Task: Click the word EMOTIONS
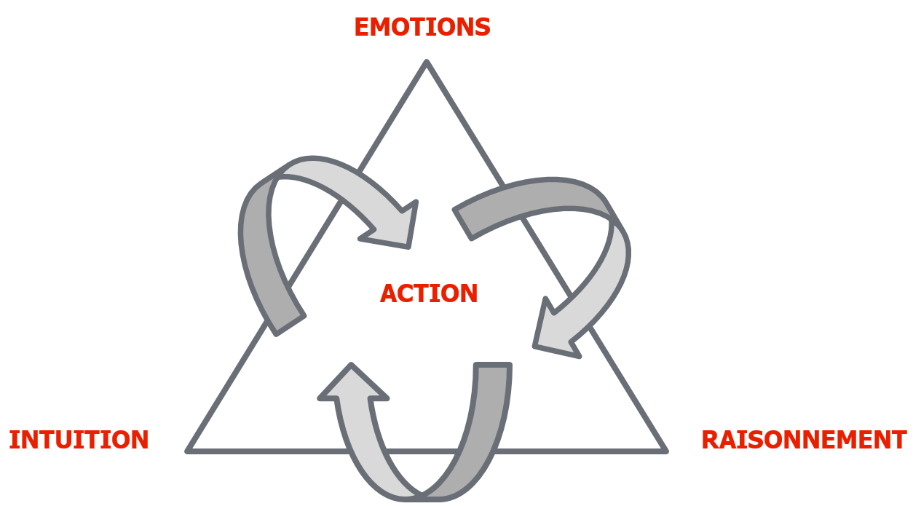(422, 28)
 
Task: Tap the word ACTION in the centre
(429, 294)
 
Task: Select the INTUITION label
(79, 440)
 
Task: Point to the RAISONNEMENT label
(803, 440)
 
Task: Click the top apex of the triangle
(427, 64)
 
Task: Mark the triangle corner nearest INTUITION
(189, 451)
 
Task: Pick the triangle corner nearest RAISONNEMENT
(665, 451)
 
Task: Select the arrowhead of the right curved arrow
(553, 331)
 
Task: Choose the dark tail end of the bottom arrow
(493, 370)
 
